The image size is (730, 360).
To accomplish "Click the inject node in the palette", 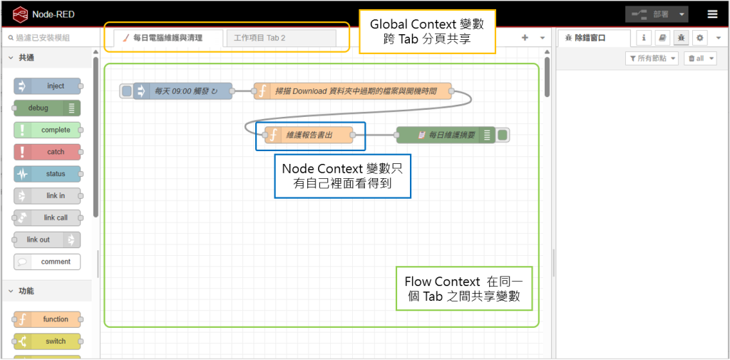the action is (x=47, y=86).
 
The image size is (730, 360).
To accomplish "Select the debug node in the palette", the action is (x=47, y=108).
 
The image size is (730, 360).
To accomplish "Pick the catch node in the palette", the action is (x=47, y=152).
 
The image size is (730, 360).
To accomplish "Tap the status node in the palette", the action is (x=47, y=174).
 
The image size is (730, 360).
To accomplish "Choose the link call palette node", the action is (x=47, y=217).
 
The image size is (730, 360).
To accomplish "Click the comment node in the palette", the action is (x=47, y=262).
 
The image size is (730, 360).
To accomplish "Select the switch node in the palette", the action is (x=47, y=341).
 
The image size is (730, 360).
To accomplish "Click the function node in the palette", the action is (x=47, y=319).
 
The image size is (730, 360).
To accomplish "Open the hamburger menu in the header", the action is (x=712, y=14).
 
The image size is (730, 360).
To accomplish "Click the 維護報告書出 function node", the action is (x=309, y=135).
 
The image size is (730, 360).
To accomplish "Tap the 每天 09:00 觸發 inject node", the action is (x=182, y=91).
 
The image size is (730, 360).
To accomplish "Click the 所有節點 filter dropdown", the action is (x=652, y=58).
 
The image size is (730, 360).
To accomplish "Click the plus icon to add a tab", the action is (x=525, y=38).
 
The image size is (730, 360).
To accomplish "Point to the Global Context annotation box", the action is (x=428, y=31).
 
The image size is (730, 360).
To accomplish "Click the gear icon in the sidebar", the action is (x=699, y=38).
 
